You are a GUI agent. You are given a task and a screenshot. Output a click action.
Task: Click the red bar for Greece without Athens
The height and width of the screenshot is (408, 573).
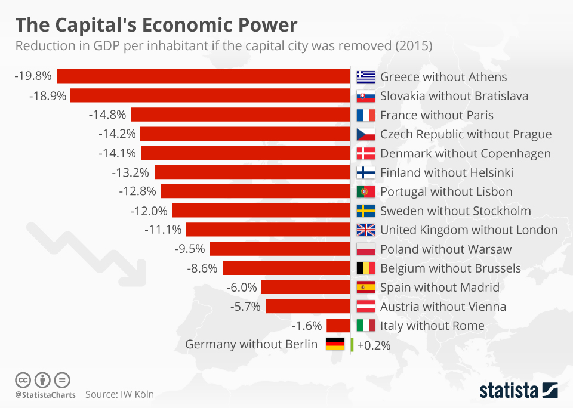click(x=203, y=76)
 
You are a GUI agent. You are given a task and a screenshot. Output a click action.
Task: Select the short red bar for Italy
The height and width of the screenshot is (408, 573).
click(x=338, y=326)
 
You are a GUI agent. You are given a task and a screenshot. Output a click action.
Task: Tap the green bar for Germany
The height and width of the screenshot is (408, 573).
click(x=352, y=344)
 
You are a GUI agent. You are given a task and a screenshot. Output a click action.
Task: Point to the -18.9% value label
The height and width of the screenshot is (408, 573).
click(x=47, y=95)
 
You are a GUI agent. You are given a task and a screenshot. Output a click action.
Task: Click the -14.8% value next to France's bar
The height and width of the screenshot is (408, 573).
click(x=107, y=115)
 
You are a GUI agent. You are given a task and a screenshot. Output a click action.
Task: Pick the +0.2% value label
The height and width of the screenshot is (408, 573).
click(x=374, y=345)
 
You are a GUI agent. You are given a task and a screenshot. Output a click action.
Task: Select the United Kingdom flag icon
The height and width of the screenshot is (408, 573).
click(x=365, y=230)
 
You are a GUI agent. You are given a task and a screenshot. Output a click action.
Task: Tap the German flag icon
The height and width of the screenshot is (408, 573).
click(x=335, y=344)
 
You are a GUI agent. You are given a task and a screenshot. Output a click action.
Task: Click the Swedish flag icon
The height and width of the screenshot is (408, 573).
click(x=365, y=211)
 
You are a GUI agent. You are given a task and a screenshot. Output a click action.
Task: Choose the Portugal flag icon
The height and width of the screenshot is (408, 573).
click(x=365, y=191)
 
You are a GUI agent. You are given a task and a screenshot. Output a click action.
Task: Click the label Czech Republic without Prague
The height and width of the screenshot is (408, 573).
click(x=466, y=134)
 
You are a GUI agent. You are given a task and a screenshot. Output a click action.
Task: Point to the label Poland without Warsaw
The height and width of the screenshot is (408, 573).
click(x=445, y=249)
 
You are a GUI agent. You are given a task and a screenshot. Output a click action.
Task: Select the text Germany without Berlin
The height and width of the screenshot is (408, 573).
click(x=251, y=344)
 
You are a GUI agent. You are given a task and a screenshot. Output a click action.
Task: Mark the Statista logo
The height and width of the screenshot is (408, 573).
click(x=519, y=391)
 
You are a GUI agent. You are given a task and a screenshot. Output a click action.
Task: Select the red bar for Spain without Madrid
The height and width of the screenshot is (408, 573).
click(x=305, y=288)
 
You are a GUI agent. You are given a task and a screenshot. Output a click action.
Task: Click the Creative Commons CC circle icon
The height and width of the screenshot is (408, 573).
click(x=23, y=379)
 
